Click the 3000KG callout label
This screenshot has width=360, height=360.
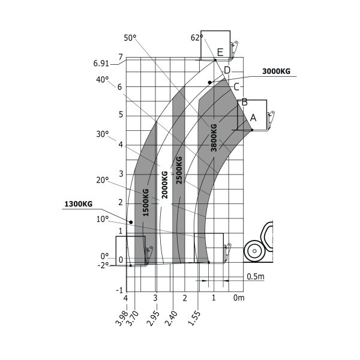(x=276, y=71)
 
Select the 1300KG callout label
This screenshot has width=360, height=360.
(x=78, y=204)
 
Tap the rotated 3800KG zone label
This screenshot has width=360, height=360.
(x=214, y=138)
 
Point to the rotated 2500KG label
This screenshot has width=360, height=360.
(x=179, y=170)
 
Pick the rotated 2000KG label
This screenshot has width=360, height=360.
(x=164, y=185)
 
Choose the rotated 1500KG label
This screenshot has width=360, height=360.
(x=146, y=202)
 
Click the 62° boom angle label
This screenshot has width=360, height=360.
(x=197, y=38)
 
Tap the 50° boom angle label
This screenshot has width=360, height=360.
(x=130, y=38)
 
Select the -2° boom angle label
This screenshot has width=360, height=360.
(x=103, y=266)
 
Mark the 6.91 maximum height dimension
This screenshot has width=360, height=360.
(x=101, y=64)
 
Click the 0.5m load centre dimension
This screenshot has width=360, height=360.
(x=256, y=277)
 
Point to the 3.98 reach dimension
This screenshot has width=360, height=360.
(x=121, y=318)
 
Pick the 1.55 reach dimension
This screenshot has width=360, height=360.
(x=194, y=318)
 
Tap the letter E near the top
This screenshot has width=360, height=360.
(x=220, y=52)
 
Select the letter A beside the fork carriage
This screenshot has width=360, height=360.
(x=253, y=118)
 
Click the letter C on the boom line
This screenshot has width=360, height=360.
(x=236, y=87)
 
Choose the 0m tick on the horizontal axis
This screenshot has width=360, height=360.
(x=239, y=298)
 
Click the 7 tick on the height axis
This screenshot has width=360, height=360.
(x=121, y=56)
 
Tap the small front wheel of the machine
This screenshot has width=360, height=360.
(x=254, y=251)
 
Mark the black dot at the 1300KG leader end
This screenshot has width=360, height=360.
(x=131, y=222)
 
